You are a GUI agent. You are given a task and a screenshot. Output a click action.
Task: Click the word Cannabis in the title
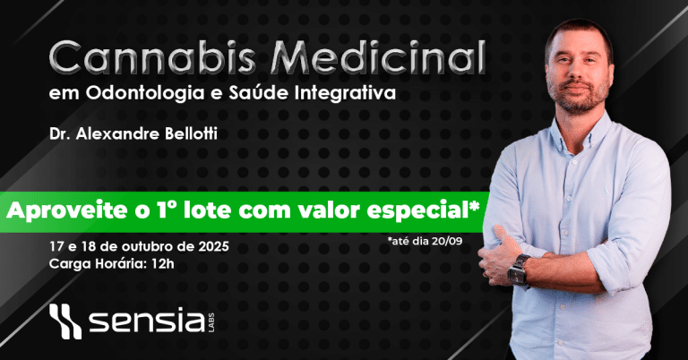[x=151, y=57]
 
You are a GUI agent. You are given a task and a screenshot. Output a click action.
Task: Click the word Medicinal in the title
[x=378, y=57]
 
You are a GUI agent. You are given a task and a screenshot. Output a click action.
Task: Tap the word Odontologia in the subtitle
[x=146, y=94]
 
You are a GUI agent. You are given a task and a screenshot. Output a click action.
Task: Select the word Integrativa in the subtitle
[x=345, y=93]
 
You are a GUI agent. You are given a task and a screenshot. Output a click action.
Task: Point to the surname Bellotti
[x=191, y=133]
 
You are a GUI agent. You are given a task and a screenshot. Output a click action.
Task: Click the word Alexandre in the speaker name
[x=118, y=133]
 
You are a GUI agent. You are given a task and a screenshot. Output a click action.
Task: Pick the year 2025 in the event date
[x=213, y=246]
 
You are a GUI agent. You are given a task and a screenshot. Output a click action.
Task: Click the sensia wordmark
[x=148, y=321]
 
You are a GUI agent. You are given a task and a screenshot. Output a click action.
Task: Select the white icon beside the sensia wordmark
[x=65, y=321]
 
